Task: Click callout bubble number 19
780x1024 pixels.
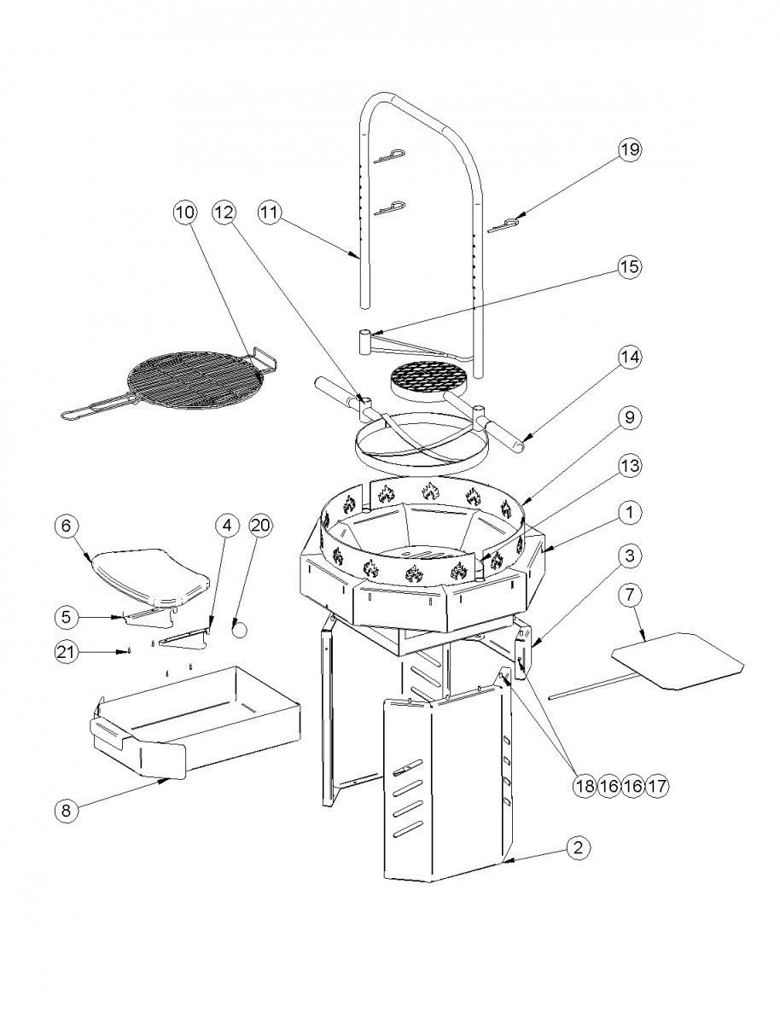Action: tap(629, 149)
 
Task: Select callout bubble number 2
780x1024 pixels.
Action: tap(578, 847)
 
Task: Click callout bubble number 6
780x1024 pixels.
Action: tap(67, 527)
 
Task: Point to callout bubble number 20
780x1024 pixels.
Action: tap(260, 526)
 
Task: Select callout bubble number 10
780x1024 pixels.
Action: tap(184, 212)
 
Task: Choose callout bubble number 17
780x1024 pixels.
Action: tap(656, 785)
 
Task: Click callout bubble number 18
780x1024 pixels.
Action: tap(584, 785)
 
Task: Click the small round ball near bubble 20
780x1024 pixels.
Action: tap(241, 630)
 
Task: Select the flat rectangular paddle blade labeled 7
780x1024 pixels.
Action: tap(678, 659)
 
